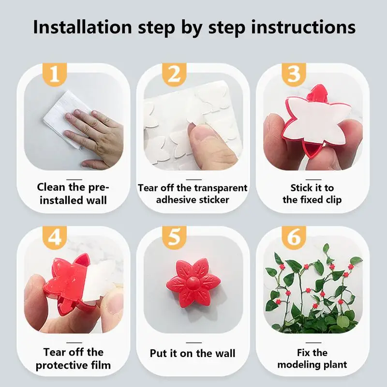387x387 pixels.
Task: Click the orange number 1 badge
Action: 55,74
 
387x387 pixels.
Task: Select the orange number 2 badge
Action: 174,74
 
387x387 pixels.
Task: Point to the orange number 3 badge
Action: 294,74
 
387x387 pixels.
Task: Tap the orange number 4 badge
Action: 55,238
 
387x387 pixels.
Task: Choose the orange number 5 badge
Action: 174,238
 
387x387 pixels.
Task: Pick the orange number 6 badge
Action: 294,238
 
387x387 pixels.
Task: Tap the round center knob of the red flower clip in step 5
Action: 193,283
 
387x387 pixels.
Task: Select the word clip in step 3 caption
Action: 334,200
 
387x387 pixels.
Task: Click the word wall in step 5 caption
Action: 225,353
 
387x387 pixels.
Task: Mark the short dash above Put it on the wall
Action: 194,342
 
